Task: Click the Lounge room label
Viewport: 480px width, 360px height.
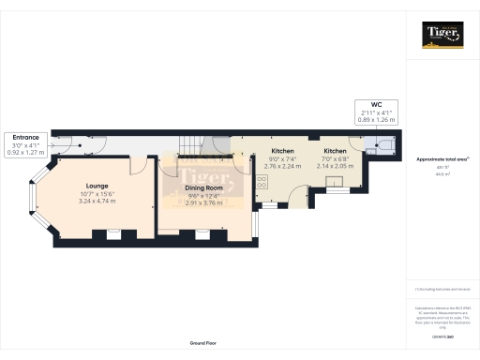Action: (97, 185)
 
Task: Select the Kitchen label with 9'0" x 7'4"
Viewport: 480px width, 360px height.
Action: (283, 151)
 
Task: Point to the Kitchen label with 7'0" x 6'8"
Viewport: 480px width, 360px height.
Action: (335, 151)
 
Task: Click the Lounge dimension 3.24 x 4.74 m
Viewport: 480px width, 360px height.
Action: (97, 202)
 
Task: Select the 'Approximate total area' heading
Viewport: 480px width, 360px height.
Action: (442, 159)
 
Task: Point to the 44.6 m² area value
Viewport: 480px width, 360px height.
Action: (442, 174)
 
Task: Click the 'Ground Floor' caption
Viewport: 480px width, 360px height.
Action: (203, 344)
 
